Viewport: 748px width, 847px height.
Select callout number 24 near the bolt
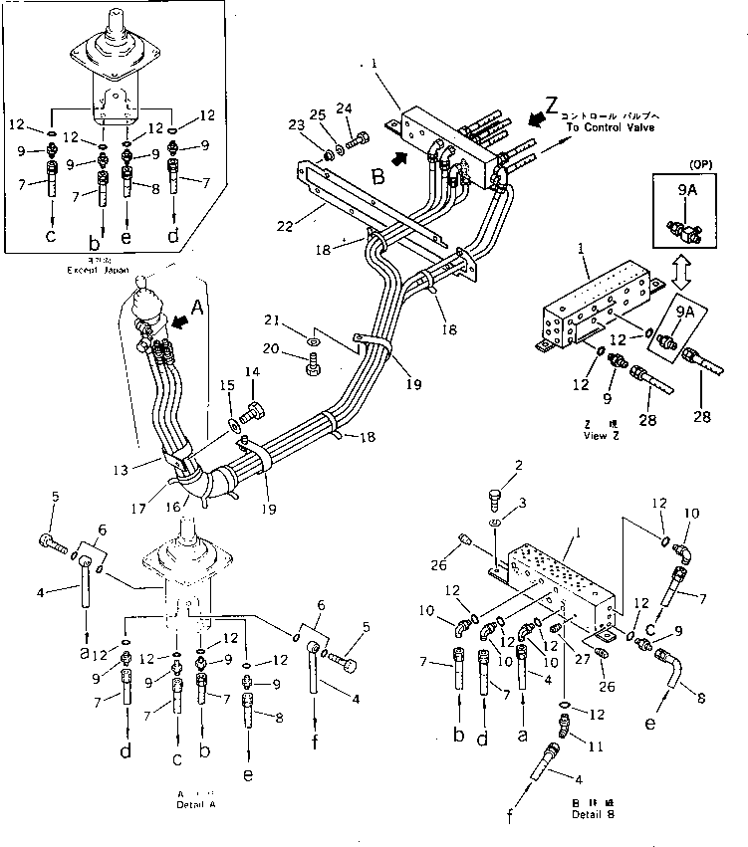click(345, 108)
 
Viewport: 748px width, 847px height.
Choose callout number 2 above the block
click(519, 466)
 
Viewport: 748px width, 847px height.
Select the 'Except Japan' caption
click(95, 269)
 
